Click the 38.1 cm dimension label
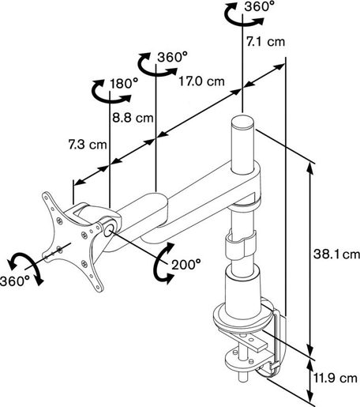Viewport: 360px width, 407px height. coord(336,254)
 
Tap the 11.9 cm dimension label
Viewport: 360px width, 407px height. coord(336,379)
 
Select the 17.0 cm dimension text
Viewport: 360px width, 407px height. coord(201,81)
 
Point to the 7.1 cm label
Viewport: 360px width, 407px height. coord(265,42)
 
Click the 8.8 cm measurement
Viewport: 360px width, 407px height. coord(133,118)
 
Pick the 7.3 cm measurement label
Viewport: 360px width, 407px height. coord(88,145)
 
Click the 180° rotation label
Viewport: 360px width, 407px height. coord(124,84)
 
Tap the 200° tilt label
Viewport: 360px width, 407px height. coord(186,264)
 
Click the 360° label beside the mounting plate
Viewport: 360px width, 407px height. coord(15,281)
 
